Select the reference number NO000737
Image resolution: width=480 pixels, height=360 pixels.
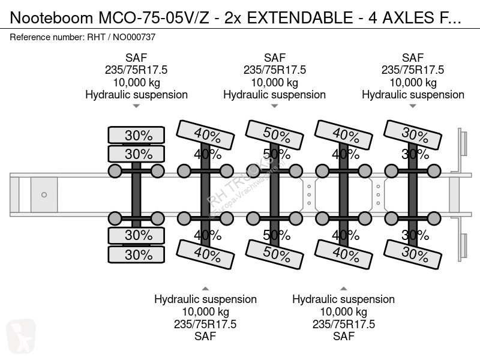(x=131, y=37)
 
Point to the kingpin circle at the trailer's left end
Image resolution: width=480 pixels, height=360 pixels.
(x=43, y=194)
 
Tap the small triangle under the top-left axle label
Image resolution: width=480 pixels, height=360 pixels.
(x=136, y=106)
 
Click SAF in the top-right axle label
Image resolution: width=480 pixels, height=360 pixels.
(x=413, y=58)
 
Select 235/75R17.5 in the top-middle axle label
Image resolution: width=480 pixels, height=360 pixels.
(x=275, y=70)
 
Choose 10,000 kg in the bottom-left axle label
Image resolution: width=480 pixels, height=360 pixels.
(x=205, y=311)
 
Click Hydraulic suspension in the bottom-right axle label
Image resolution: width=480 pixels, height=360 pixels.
(x=343, y=299)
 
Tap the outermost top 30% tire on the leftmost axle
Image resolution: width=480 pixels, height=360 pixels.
(x=136, y=136)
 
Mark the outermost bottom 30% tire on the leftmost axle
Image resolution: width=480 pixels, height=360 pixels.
(x=136, y=254)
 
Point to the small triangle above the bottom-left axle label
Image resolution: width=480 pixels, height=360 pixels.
(x=205, y=287)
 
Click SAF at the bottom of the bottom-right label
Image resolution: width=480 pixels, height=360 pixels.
(x=343, y=337)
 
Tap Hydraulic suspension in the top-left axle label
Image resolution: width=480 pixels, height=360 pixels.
(x=136, y=95)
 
